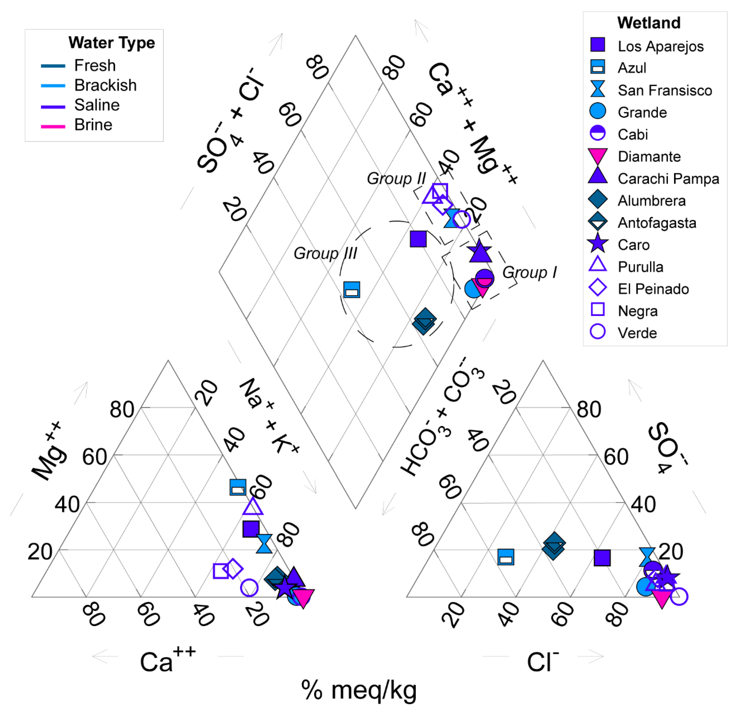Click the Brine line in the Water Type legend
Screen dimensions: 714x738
(x=53, y=127)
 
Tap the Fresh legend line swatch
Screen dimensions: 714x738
(x=53, y=66)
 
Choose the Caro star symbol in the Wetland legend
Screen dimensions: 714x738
(x=598, y=244)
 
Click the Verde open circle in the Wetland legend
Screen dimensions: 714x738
(x=598, y=332)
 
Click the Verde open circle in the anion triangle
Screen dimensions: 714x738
(x=679, y=597)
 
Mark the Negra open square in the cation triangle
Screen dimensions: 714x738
(x=221, y=571)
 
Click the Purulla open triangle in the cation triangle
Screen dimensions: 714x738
(x=253, y=507)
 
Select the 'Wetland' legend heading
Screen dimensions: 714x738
(x=649, y=23)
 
